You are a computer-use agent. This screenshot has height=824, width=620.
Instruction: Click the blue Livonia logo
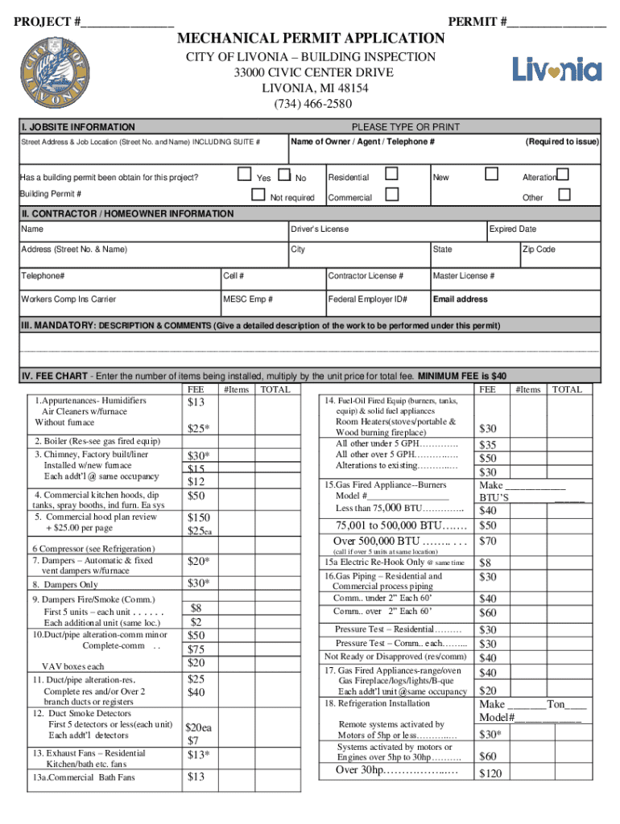tap(557, 69)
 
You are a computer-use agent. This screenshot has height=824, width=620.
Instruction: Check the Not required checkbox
tap(258, 194)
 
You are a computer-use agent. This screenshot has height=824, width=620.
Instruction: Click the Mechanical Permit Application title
tap(311, 39)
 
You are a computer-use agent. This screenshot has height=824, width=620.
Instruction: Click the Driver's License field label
tap(320, 229)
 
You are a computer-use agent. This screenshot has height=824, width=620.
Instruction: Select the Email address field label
tap(460, 299)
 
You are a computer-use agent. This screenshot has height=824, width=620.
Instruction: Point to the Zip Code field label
tap(539, 249)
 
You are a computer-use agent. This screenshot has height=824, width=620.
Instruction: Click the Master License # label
tap(464, 277)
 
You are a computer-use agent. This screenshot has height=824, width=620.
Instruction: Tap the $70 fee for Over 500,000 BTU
tap(488, 541)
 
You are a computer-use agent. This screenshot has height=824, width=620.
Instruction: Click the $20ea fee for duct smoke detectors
tap(198, 727)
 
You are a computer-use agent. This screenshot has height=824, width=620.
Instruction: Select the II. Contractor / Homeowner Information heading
tap(127, 214)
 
